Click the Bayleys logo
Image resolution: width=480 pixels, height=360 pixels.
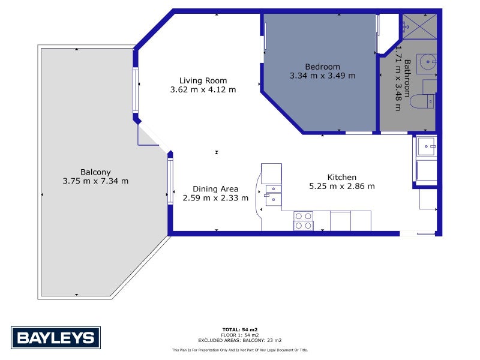click(x=56, y=338)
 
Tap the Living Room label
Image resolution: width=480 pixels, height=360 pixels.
click(x=203, y=80)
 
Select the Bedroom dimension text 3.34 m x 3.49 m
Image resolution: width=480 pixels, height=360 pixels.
click(x=323, y=76)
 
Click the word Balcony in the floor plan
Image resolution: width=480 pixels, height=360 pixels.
click(x=95, y=172)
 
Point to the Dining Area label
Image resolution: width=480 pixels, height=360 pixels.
click(x=215, y=189)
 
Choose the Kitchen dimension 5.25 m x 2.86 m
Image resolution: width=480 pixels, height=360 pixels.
click(x=342, y=186)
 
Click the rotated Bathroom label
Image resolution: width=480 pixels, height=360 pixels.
click(x=407, y=78)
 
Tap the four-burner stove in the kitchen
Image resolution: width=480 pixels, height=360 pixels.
click(x=303, y=221)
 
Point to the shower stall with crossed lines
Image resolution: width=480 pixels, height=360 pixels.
click(x=419, y=26)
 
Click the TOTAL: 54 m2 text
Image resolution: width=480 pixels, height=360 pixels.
click(x=240, y=329)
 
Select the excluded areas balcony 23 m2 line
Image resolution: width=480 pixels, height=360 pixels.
click(x=240, y=340)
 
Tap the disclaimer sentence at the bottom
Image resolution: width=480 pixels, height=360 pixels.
click(x=240, y=350)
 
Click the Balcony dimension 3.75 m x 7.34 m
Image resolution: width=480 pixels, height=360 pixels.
click(x=95, y=181)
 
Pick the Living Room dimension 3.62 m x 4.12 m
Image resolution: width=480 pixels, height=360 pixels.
click(x=203, y=89)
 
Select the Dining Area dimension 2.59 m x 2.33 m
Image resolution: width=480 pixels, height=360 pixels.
click(x=215, y=198)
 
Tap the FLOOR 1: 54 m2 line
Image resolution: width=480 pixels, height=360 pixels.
click(x=240, y=335)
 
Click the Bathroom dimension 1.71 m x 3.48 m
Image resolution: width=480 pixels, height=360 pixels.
click(x=398, y=78)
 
